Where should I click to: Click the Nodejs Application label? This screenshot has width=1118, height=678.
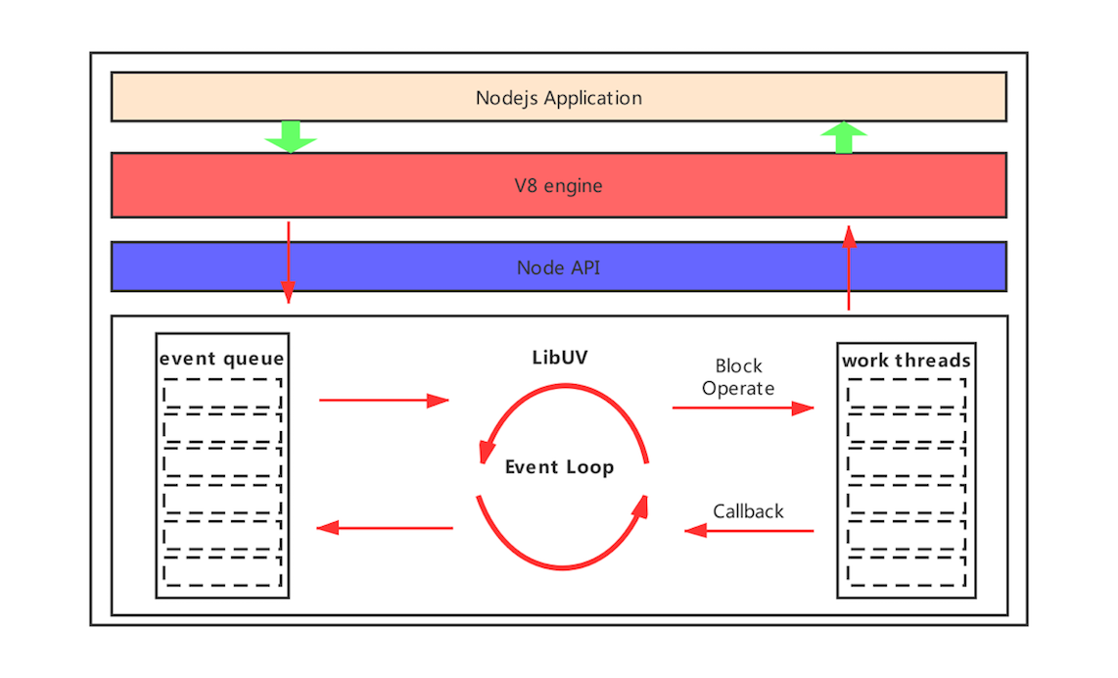[558, 98]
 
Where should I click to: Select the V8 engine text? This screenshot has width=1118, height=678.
[558, 185]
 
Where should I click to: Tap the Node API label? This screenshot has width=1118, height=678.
[558, 267]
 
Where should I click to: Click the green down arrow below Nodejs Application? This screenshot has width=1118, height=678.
[291, 136]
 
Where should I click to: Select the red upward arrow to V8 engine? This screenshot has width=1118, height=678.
[849, 267]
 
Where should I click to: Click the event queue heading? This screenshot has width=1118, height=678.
[222, 359]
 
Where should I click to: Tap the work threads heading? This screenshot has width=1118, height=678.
[907, 361]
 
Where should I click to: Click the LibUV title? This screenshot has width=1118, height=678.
[560, 358]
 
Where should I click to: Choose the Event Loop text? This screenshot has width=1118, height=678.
[559, 467]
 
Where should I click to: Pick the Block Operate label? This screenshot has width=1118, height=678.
[738, 377]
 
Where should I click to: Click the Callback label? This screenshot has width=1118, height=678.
[748, 511]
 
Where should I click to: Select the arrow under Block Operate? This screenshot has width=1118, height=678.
[743, 408]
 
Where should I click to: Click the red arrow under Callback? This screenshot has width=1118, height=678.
[749, 531]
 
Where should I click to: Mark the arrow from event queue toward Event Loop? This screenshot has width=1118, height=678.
[384, 400]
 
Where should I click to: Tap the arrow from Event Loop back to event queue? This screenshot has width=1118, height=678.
[385, 528]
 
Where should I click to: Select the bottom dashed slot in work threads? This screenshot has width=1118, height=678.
[907, 571]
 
